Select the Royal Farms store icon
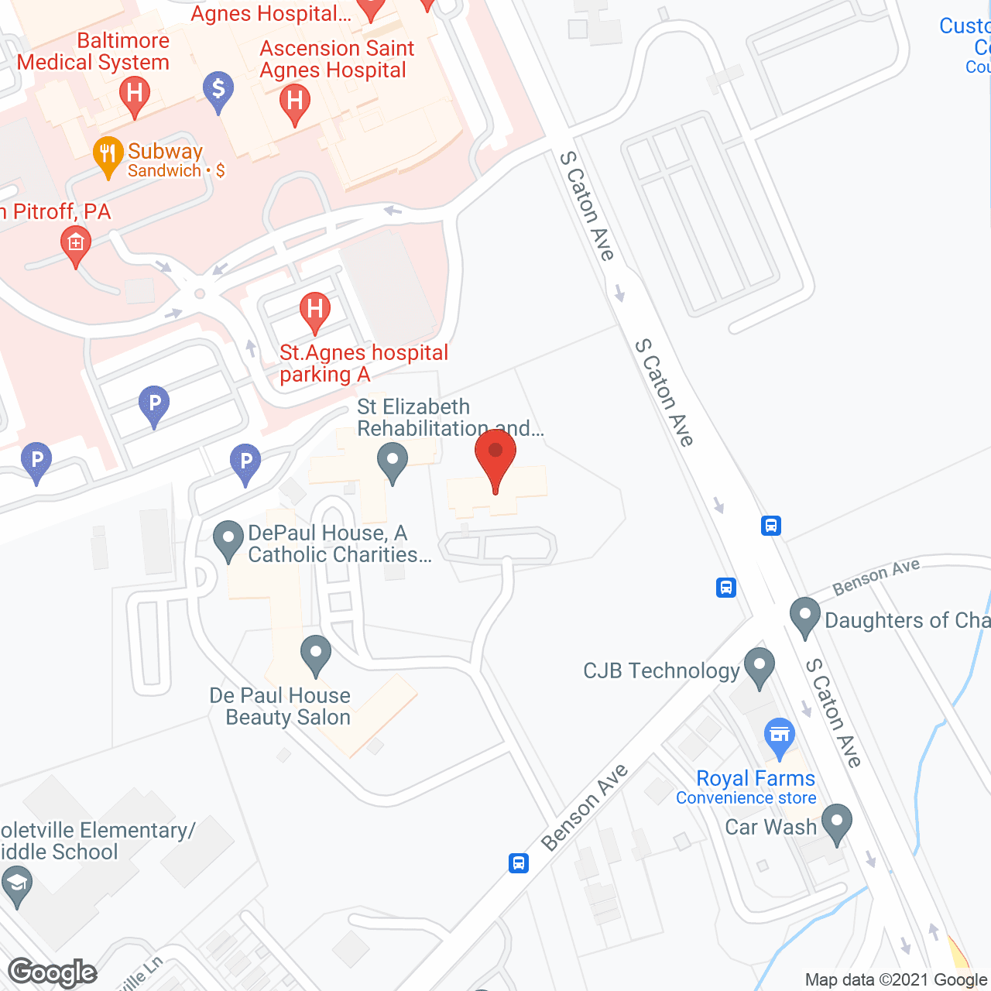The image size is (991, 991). pos(780,736)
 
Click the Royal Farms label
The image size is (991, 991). pos(756,778)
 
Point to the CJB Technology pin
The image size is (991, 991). pos(759,666)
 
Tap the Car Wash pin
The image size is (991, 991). pos(837,823)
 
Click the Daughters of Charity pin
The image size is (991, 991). pos(804,616)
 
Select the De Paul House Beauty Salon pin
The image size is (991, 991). pos(315,653)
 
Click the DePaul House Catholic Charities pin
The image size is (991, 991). pos(228,540)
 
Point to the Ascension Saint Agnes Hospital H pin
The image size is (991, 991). pos(294,103)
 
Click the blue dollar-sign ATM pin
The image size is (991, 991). pos(218,90)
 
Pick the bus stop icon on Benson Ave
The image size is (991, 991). pos(518,862)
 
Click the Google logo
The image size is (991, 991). pos(53,972)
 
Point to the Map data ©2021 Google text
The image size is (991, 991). pos(896,979)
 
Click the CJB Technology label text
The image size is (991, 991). pos(661,670)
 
